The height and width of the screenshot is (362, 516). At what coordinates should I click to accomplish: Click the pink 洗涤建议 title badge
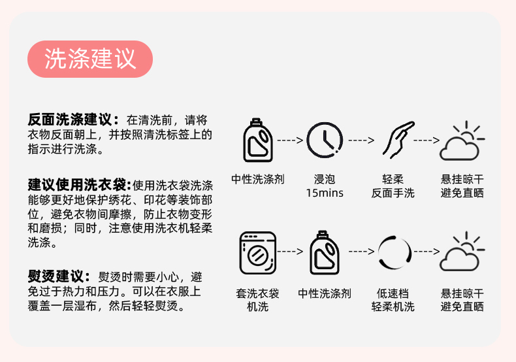(90, 59)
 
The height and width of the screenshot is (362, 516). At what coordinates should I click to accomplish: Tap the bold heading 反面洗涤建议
(73, 120)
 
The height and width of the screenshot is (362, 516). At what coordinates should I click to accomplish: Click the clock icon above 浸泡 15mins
(325, 140)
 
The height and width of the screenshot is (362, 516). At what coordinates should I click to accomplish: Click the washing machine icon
(257, 252)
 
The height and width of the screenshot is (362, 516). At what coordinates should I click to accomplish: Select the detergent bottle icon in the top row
(257, 140)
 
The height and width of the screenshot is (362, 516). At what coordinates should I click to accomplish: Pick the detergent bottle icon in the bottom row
(325, 252)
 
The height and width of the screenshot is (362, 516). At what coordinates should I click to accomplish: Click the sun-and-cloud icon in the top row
(462, 140)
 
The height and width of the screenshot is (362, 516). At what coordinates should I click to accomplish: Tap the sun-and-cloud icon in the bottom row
(462, 252)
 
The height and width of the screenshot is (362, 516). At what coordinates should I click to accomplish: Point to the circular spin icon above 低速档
(395, 252)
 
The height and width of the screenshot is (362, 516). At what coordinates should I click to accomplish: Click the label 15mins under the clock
(325, 193)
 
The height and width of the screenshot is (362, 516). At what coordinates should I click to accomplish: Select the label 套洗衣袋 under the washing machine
(257, 294)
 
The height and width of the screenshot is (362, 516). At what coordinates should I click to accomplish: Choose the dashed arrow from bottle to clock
(291, 140)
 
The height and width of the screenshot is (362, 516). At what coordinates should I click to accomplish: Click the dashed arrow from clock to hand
(360, 140)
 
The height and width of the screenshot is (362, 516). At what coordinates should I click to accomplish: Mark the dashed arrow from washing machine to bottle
(291, 252)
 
